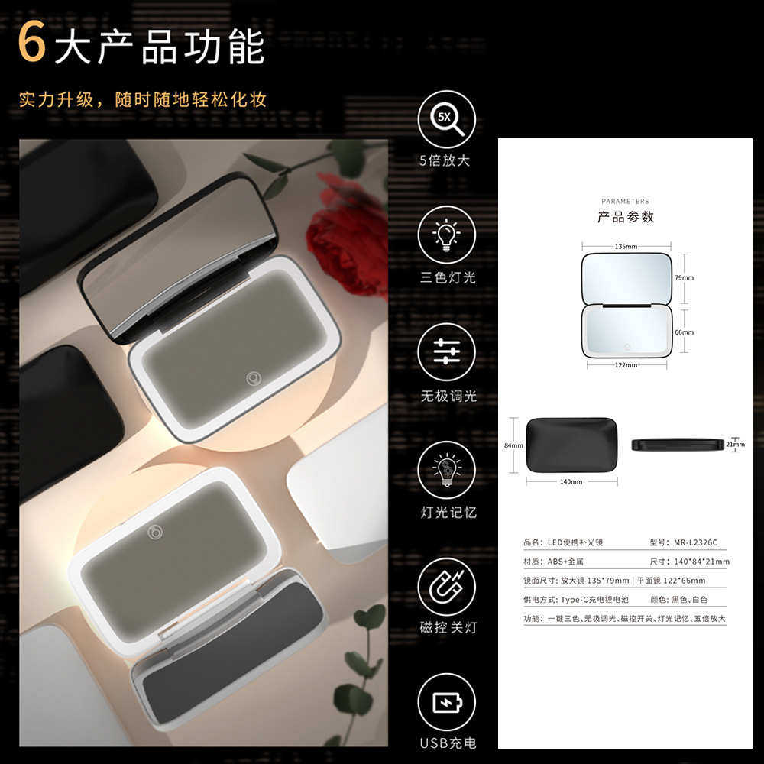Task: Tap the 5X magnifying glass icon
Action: [x=447, y=119]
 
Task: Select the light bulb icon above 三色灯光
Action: [x=447, y=235]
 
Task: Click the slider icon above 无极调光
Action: [x=447, y=352]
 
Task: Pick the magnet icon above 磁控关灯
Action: [x=447, y=587]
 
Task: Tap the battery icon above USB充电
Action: [x=447, y=702]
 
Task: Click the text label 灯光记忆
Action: [x=448, y=513]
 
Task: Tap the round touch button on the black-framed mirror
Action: [x=254, y=378]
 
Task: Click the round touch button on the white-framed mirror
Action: [x=155, y=531]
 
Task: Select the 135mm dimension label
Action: [x=626, y=247]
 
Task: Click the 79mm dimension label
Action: [x=685, y=277]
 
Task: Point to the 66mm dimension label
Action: [x=685, y=332]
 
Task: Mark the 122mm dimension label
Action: [x=626, y=365]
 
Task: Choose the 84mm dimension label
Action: [x=513, y=445]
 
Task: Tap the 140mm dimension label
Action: [x=571, y=482]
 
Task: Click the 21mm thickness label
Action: [x=734, y=444]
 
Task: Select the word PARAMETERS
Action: [x=625, y=202]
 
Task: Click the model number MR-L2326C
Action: [x=694, y=542]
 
